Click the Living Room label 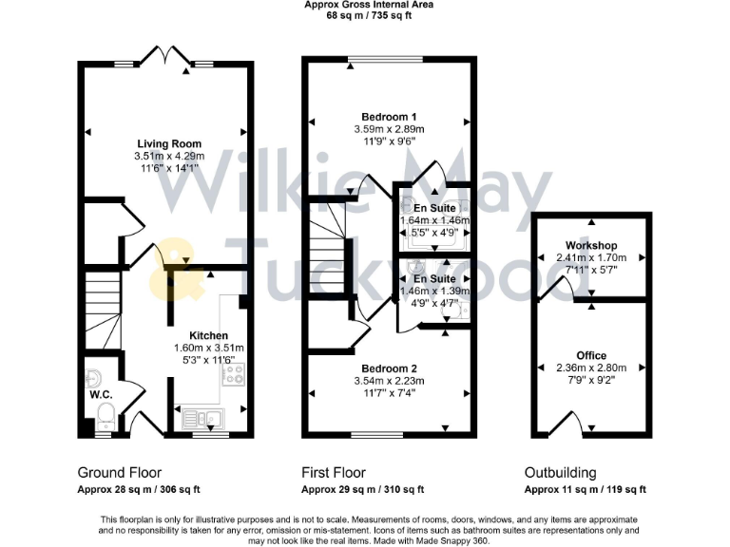coord(168,143)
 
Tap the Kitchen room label coord(208,335)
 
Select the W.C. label coord(102,392)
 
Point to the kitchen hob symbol coord(234,373)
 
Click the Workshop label coord(590,246)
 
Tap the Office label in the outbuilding coord(591,355)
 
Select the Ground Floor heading coord(119,473)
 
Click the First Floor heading coord(333,473)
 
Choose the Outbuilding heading coord(561,473)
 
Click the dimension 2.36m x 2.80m coord(591,368)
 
